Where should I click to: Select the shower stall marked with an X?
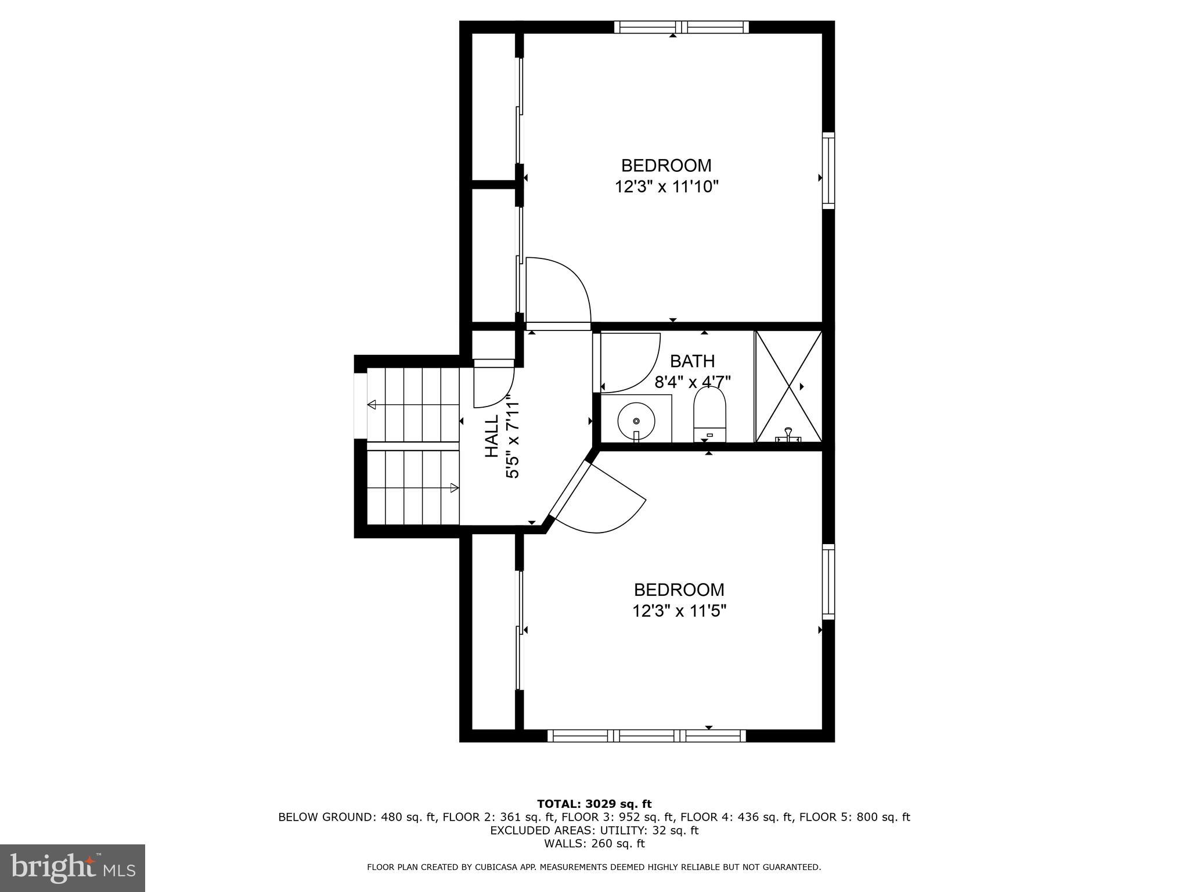(788, 387)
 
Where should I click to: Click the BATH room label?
(692, 361)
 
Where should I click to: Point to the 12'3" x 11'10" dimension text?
(667, 187)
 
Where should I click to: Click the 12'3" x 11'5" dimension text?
(679, 611)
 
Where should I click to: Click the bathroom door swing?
(633, 363)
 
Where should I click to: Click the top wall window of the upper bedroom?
(681, 27)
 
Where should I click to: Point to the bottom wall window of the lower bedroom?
(646, 736)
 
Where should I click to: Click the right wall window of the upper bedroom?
(828, 170)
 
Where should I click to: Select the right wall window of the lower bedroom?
(828, 581)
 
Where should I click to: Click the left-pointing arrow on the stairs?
(372, 404)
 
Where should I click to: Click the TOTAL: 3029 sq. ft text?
(594, 804)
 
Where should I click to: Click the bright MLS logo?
(73, 868)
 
